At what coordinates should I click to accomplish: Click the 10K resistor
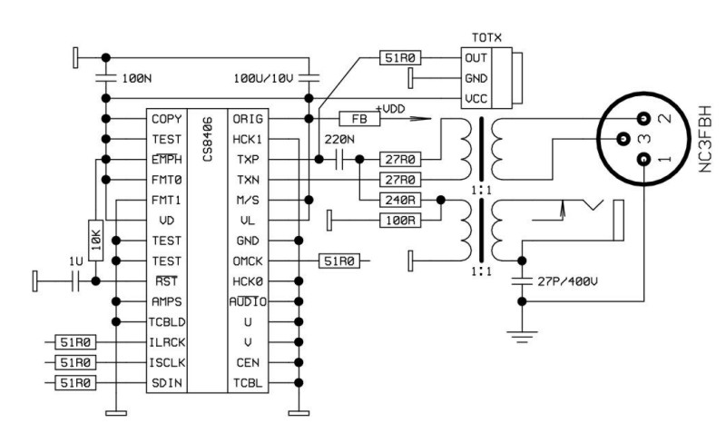click(x=95, y=241)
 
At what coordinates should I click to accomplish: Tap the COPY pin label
click(x=167, y=119)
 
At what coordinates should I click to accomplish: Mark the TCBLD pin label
click(x=170, y=321)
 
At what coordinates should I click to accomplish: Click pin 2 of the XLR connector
click(x=644, y=119)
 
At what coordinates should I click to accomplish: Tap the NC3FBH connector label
click(x=706, y=136)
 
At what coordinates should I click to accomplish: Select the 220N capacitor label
click(x=338, y=141)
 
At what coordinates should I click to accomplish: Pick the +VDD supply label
click(x=392, y=108)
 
